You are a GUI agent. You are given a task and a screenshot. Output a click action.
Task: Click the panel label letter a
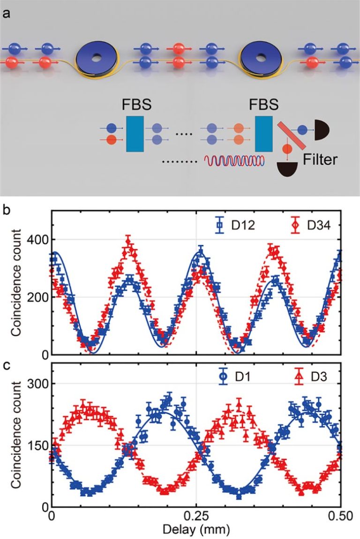[6, 14]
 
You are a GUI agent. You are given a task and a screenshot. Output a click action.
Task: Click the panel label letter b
[6, 210]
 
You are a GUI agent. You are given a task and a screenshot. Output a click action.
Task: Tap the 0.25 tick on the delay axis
[196, 517]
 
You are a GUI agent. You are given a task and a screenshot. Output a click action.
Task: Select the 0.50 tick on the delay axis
[339, 517]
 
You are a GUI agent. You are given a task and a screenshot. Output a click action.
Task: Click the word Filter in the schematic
[320, 159]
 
